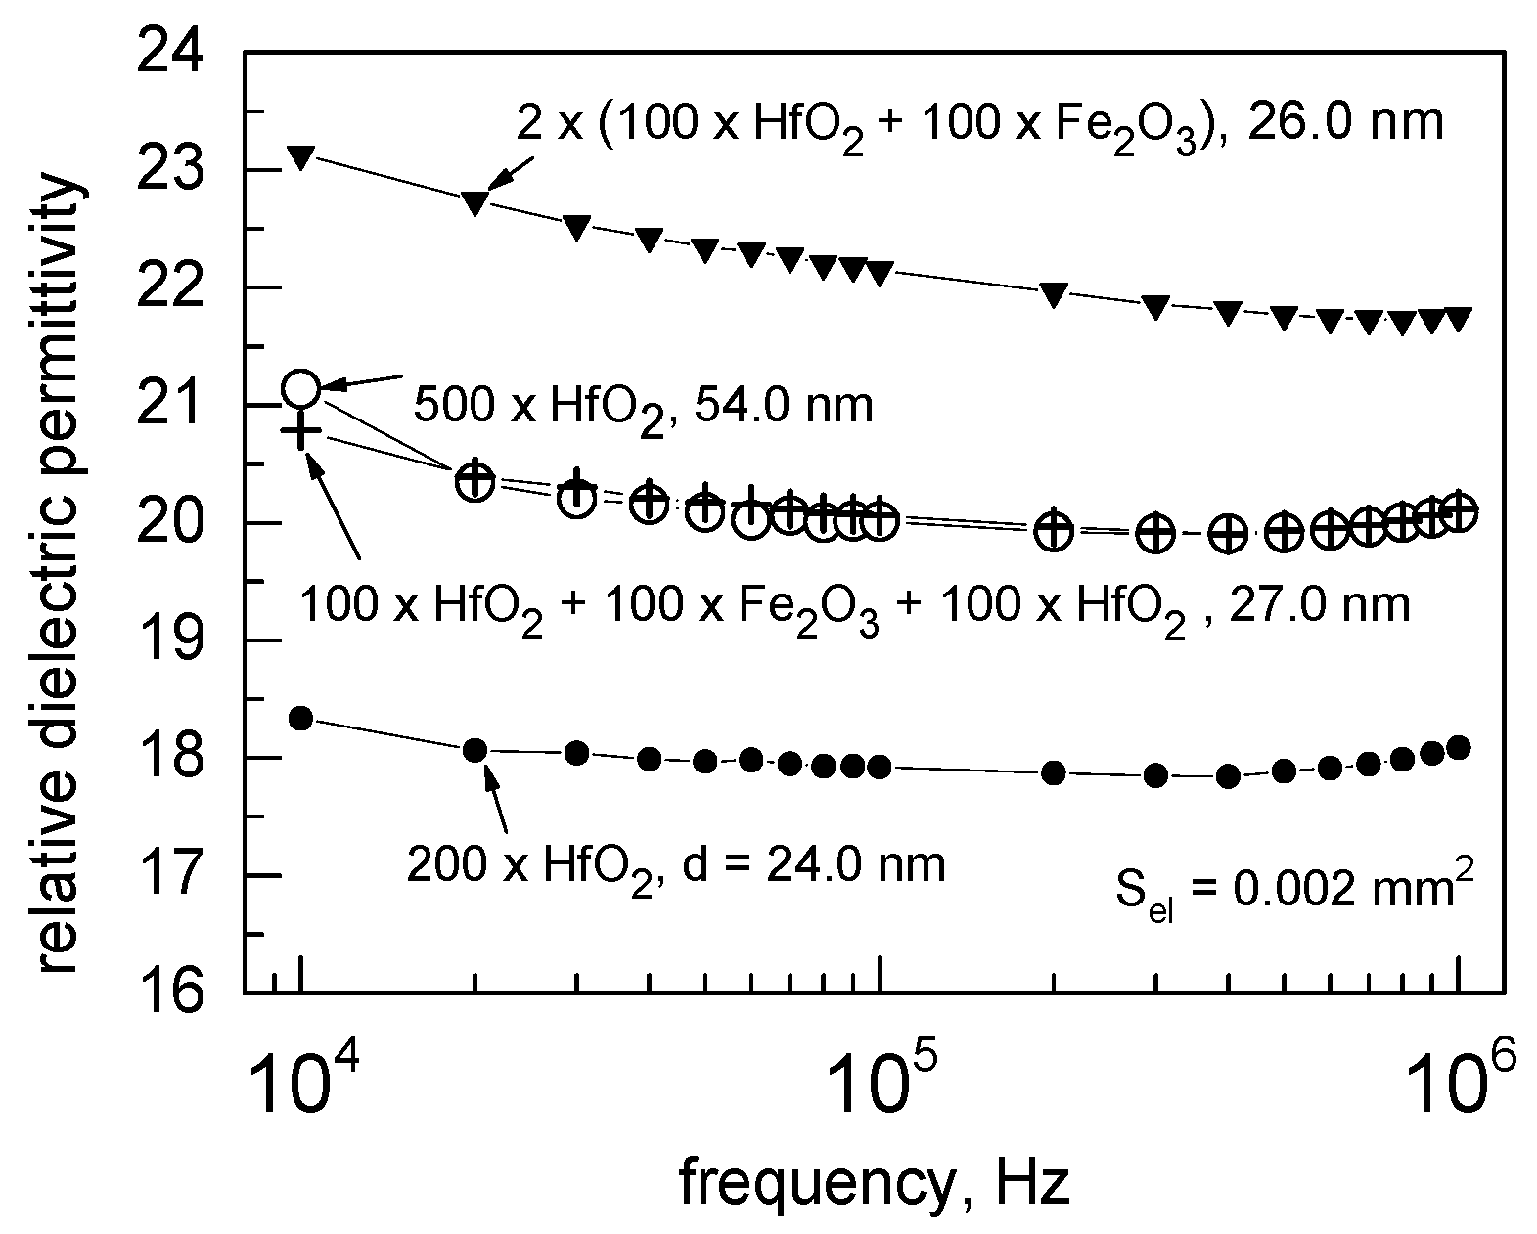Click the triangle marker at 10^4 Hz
(x=301, y=156)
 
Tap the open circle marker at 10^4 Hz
(x=301, y=389)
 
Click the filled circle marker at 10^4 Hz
(x=301, y=718)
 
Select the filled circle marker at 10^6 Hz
(x=1458, y=748)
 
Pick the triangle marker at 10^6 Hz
(x=1458, y=319)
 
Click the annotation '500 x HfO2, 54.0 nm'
(x=642, y=405)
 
